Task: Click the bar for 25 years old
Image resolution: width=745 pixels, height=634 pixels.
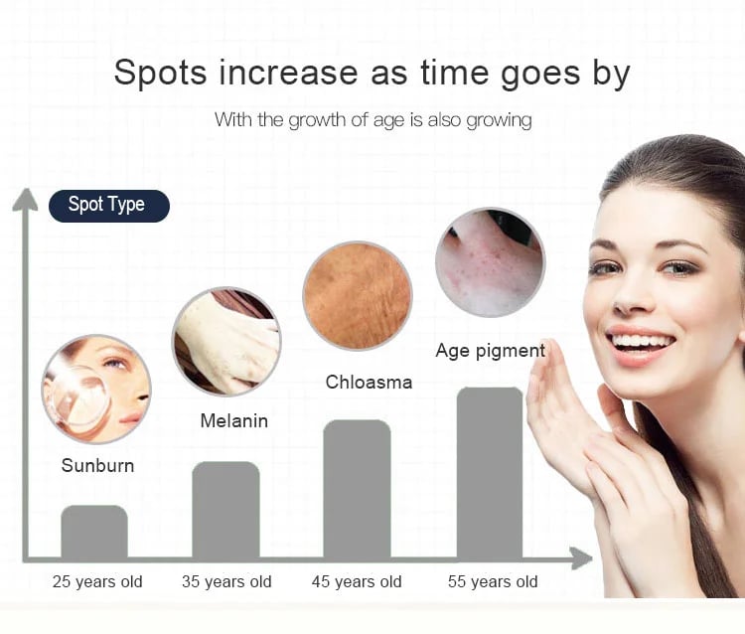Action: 94,532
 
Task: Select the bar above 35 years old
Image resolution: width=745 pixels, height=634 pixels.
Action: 225,510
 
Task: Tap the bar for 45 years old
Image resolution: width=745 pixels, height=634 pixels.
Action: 357,489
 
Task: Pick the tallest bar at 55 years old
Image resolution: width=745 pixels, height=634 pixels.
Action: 490,473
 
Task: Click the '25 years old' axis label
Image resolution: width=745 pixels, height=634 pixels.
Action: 97,581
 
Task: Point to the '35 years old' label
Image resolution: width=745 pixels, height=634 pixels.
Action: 226,581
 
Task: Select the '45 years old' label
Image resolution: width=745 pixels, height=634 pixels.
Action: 357,581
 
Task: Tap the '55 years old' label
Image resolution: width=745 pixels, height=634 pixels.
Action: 493,581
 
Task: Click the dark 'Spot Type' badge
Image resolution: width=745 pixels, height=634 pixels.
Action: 109,206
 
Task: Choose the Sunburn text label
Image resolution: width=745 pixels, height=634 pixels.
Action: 97,465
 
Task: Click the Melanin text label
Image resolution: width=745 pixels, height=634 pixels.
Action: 234,420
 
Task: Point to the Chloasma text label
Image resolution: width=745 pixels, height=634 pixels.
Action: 369,383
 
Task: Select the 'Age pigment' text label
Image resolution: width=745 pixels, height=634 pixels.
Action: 491,351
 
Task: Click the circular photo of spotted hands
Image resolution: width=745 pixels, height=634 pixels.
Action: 226,342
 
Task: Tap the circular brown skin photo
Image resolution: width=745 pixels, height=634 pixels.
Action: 358,295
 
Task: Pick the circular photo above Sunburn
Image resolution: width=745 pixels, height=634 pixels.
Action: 96,390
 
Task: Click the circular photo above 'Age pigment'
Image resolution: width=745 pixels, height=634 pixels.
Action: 491,262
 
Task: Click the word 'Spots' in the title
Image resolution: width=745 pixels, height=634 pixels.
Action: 161,73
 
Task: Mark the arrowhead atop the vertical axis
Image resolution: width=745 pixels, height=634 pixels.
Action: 25,200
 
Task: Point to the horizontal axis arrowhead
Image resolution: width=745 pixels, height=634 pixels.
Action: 581,558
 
